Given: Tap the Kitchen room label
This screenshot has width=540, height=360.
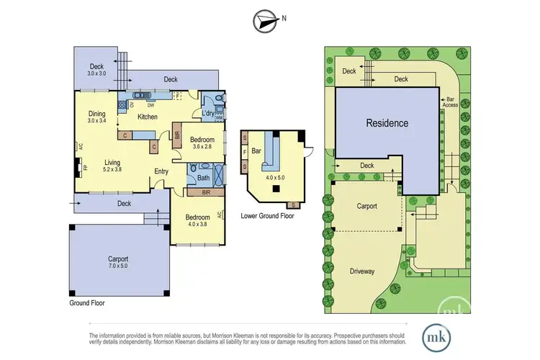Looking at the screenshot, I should [148, 117].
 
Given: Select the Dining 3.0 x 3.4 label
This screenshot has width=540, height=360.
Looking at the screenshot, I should [97, 117].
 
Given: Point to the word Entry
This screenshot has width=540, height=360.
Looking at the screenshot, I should [161, 171].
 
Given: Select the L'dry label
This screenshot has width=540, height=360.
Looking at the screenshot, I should [208, 114].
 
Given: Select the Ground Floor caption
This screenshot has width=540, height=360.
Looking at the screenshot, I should [87, 303].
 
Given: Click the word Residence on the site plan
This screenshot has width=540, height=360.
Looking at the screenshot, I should [387, 123].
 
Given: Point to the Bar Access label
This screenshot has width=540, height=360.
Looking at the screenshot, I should [452, 102].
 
